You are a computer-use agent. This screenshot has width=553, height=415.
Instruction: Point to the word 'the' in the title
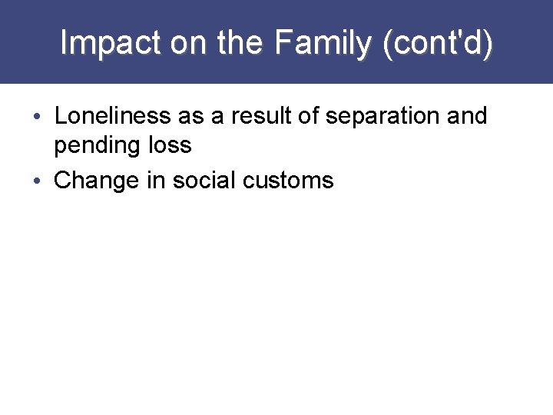click(240, 43)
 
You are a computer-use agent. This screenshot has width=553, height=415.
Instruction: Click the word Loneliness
click(113, 117)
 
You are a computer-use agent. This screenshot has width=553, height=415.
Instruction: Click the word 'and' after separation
click(468, 117)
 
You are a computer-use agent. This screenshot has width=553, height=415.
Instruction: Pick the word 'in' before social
click(157, 181)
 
